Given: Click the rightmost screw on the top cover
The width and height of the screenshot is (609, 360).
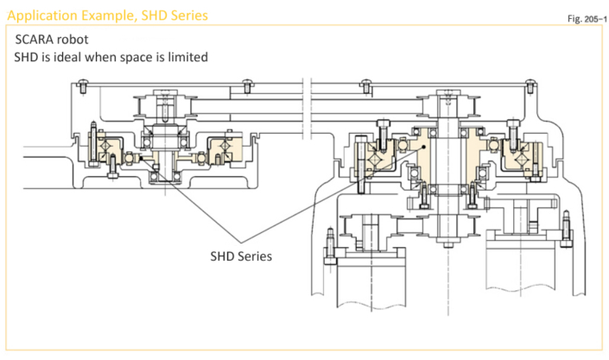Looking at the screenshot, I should [x=527, y=85].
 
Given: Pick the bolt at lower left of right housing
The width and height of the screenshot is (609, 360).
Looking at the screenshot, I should [x=330, y=244].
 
